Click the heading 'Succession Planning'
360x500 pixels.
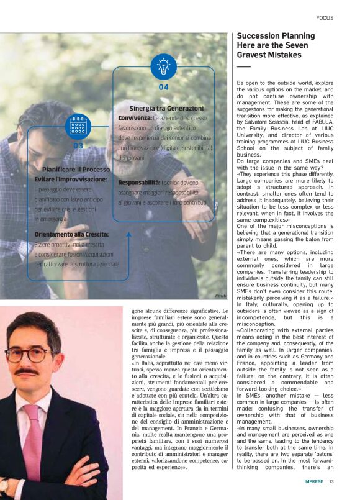276,36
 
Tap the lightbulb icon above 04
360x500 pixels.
163,66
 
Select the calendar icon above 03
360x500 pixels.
78,125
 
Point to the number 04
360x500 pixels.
163,88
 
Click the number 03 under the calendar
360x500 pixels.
78,146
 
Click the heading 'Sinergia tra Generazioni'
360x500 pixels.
166,108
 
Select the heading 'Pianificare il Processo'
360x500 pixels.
76,169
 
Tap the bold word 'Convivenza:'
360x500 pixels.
135,117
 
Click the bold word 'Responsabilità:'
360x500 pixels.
138,183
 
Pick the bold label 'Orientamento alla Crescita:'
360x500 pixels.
71,234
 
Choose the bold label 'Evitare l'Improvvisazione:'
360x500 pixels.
70,179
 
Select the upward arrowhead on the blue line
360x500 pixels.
128,235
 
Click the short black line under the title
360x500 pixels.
243,66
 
